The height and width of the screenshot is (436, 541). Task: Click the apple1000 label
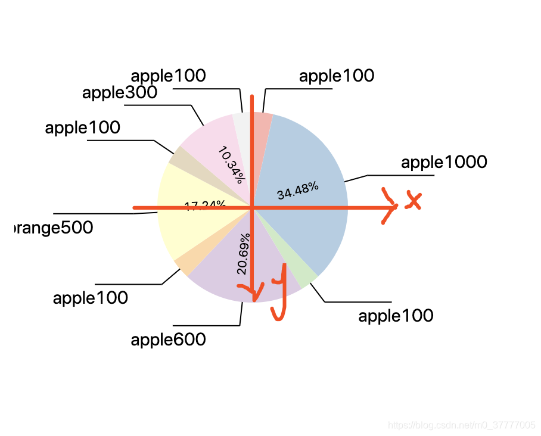tap(444, 162)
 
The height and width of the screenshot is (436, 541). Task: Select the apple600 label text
tap(168, 340)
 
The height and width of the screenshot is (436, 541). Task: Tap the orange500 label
tap(53, 228)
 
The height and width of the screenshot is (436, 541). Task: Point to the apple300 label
tap(119, 92)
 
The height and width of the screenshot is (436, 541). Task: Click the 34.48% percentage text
tap(297, 191)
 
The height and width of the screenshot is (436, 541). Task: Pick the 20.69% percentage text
tap(243, 253)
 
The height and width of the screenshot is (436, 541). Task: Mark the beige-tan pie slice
tap(178, 155)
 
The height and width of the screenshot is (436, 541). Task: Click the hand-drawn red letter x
tap(412, 201)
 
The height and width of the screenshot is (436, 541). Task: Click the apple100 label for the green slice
tap(396, 316)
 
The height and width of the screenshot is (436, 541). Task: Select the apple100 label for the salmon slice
tap(337, 76)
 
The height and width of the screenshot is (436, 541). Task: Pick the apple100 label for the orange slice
tap(90, 298)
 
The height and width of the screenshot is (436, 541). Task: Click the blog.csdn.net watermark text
tap(462, 425)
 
